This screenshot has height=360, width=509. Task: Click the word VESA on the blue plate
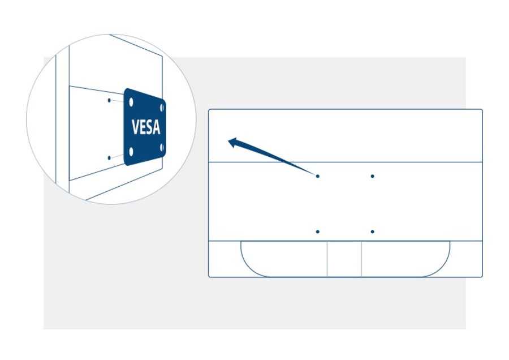coord(146,127)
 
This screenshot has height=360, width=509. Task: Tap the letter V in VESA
coord(135,127)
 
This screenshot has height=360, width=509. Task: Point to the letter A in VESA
coord(157,127)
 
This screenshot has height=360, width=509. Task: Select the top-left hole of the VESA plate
coord(131,102)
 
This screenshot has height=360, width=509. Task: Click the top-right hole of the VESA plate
coord(162,108)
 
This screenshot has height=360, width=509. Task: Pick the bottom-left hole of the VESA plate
coord(131,151)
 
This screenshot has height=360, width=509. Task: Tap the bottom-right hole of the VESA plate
coord(162,148)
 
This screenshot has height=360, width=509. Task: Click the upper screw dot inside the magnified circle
coord(109,100)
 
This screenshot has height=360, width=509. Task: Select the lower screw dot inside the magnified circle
coord(109,158)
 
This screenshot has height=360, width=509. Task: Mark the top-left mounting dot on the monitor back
coord(317,176)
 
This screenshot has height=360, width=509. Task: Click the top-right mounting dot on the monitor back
coord(372,176)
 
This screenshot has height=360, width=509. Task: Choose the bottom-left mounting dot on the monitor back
coord(317,232)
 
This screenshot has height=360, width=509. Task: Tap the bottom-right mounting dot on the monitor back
coord(372,232)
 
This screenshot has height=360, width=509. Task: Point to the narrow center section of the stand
coord(344,259)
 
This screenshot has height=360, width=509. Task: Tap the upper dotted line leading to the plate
coord(117,101)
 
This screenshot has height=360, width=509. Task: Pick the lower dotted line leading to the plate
coord(117,156)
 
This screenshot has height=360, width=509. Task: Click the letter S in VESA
coord(149,127)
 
